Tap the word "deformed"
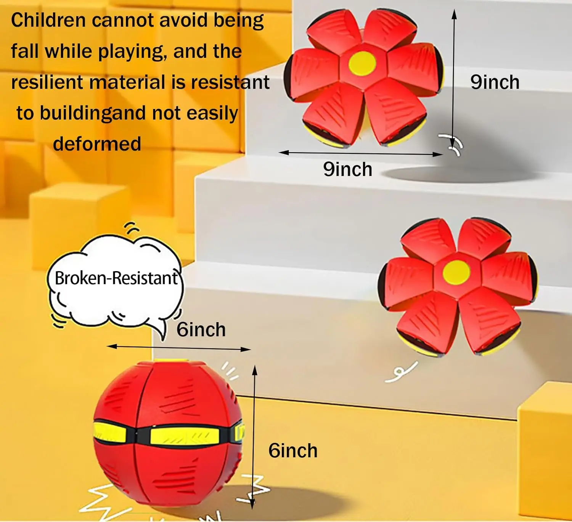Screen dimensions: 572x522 (x=97, y=144)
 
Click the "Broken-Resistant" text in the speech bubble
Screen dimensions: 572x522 (x=116, y=278)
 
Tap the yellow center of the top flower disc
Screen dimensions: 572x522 (x=362, y=63)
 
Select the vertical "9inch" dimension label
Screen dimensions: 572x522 (x=495, y=82)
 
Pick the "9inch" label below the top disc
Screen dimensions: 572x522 (x=347, y=169)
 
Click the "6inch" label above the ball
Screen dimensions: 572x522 (x=201, y=329)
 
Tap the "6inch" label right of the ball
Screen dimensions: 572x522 (x=292, y=450)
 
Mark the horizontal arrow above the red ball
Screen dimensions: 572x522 (x=178, y=348)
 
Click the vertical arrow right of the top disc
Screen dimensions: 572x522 (x=454, y=76)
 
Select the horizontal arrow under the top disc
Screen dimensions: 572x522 (x=361, y=153)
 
